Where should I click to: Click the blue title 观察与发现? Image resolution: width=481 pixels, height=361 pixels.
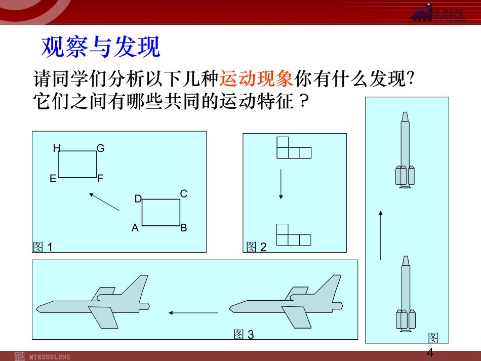point(101,46)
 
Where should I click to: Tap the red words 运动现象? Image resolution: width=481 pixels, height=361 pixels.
point(257,78)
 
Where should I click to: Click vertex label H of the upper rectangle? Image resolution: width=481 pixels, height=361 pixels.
point(56,148)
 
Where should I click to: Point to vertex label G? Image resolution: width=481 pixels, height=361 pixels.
point(101,148)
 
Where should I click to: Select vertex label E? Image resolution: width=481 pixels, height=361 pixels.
point(53,179)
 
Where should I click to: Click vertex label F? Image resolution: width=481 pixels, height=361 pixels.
point(100,178)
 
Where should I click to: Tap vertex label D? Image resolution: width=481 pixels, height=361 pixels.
point(138,199)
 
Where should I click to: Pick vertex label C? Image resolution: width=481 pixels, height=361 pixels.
point(184,193)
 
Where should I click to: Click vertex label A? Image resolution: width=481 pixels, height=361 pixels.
point(135,228)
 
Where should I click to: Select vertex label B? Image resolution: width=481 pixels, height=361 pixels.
point(184,227)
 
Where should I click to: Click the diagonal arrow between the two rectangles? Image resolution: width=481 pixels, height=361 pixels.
point(104,202)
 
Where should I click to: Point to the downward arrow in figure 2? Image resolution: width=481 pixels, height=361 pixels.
point(280,184)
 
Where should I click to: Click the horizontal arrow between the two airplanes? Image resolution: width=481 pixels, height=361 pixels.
point(193,313)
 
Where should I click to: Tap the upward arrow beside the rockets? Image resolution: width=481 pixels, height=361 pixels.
point(381,235)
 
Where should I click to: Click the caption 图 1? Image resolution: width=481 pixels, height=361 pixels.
point(43,247)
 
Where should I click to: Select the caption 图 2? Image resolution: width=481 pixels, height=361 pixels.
point(257,247)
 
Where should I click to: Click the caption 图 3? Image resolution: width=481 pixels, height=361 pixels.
point(244,334)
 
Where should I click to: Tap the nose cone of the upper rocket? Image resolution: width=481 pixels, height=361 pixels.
point(405,117)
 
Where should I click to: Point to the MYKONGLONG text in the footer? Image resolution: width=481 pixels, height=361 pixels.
point(50,357)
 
